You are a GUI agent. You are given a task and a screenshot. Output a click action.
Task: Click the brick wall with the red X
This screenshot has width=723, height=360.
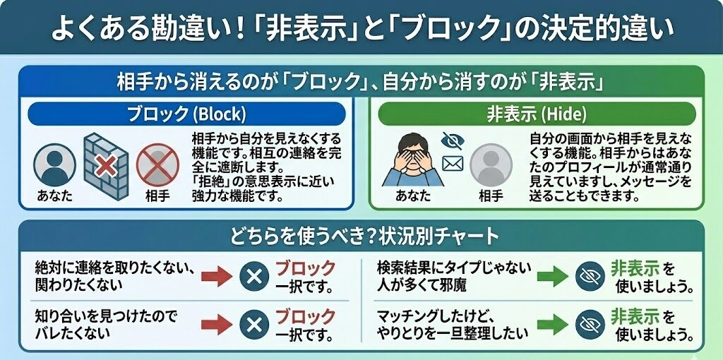coord(105,166)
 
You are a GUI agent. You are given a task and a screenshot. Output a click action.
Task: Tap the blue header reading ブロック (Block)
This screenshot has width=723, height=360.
coord(186,114)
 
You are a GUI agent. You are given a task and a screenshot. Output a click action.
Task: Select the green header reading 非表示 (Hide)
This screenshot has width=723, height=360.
coord(536,114)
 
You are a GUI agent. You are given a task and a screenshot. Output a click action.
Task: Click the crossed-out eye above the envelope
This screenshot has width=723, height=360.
coord(451,140)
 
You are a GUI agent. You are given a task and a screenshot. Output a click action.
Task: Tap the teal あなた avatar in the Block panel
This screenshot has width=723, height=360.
coord(54,164)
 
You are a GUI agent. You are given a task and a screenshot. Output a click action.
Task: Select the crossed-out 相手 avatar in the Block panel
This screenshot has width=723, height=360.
coord(157,164)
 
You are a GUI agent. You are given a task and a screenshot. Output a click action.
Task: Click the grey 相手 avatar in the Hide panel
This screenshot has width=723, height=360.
coord(490,164)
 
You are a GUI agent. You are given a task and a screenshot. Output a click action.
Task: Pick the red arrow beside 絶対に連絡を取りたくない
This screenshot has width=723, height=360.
coord(217,276)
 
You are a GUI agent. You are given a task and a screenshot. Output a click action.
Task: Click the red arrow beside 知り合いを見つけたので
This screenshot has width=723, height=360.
coord(217,323)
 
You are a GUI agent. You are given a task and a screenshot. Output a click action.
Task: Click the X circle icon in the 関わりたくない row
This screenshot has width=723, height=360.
coord(253,276)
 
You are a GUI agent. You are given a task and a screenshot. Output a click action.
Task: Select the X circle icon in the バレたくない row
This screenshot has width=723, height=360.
coord(253,323)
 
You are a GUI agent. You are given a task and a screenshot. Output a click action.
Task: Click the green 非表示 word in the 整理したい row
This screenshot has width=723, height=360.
coord(635,315)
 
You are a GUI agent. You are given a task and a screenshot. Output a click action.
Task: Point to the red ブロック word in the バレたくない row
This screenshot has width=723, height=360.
coord(305,316)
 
